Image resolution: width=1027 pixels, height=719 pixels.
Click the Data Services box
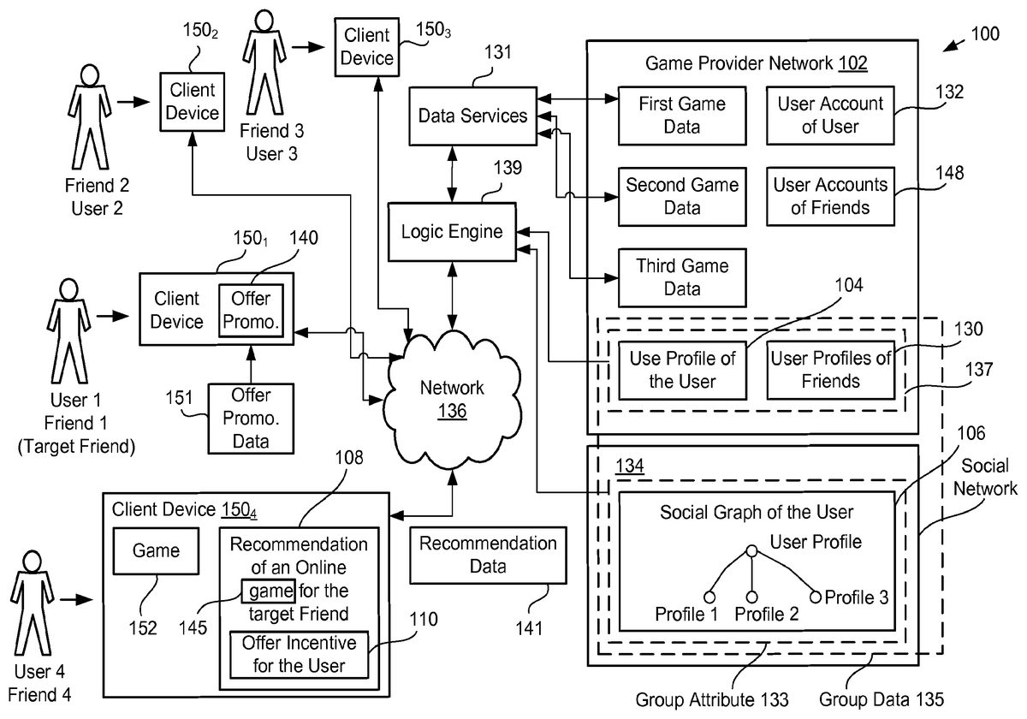pyautogui.click(x=472, y=115)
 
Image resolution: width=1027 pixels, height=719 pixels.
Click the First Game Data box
pyautogui.click(x=682, y=116)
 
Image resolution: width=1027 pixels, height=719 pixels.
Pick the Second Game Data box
pyautogui.click(x=682, y=196)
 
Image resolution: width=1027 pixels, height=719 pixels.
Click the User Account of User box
pyautogui.click(x=818, y=116)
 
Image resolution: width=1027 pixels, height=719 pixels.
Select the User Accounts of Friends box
pyautogui.click(x=818, y=196)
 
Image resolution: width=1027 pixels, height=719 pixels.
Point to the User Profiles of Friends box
pyautogui.click(x=830, y=370)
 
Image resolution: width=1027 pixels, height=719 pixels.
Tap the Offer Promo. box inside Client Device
pyautogui.click(x=250, y=309)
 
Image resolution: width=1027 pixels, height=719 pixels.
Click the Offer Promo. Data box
pyautogui.click(x=251, y=419)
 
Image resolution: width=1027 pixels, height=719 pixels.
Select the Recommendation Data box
pyautogui.click(x=488, y=555)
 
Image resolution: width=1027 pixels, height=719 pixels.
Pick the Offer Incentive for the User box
pyautogui.click(x=299, y=654)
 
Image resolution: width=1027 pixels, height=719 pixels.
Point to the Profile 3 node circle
pyautogui.click(x=815, y=596)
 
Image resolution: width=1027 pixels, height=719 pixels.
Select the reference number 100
pyautogui.click(x=983, y=35)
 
